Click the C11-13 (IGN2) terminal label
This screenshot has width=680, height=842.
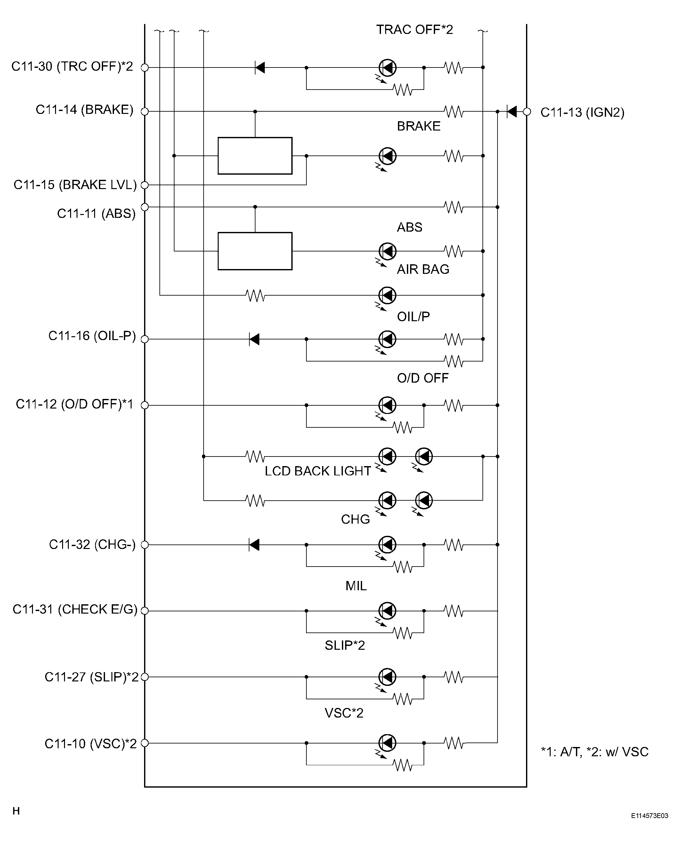click(x=582, y=113)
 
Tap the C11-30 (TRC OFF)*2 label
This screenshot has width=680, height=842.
click(x=72, y=67)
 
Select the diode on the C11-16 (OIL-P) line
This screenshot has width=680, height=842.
click(x=255, y=339)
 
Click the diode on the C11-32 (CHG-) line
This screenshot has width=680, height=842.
click(x=255, y=544)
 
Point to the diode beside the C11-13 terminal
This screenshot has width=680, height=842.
click(x=512, y=111)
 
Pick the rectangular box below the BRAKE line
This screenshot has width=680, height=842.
click(x=255, y=156)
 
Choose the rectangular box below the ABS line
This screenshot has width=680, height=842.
click(x=255, y=251)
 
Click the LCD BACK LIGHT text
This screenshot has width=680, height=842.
click(x=318, y=471)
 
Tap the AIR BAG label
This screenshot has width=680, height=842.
click(x=423, y=269)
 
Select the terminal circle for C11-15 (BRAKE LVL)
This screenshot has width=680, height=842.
click(x=144, y=185)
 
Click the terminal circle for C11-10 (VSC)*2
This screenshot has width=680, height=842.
click(x=144, y=743)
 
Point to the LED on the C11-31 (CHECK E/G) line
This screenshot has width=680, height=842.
click(x=387, y=611)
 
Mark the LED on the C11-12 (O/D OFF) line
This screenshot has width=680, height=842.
click(x=387, y=405)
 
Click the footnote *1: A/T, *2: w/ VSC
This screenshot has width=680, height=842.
click(x=595, y=752)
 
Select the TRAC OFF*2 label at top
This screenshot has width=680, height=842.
click(x=414, y=30)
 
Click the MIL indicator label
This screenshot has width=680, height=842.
click(x=356, y=586)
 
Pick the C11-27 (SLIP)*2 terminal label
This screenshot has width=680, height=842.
click(x=92, y=677)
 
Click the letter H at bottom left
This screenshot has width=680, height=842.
click(x=16, y=811)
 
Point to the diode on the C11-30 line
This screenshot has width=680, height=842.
click(x=260, y=67)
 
